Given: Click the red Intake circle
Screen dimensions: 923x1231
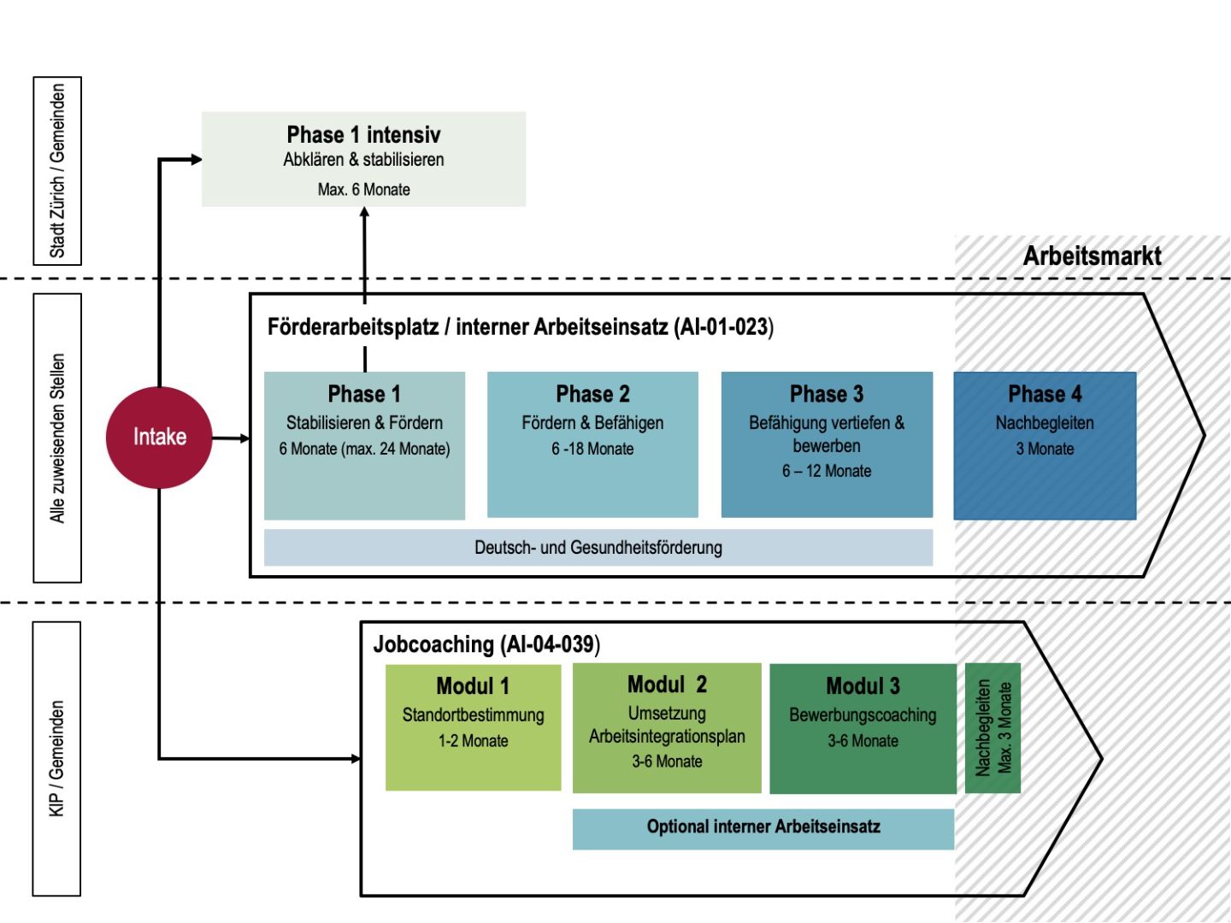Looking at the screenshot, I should tap(159, 437).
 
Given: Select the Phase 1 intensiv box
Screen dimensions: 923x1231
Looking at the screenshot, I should tap(363, 159).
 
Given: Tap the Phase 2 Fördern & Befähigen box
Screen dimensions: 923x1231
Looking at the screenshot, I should tap(592, 444).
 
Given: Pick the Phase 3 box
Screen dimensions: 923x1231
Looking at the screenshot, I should tap(827, 444).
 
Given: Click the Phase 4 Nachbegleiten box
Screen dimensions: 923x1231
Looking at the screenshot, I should tap(1045, 445).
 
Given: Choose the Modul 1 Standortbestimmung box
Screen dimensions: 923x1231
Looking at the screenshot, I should tap(473, 727).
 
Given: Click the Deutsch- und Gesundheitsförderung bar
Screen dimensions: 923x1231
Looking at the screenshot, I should tap(598, 548).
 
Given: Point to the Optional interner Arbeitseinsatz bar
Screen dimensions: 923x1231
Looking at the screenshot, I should tap(763, 827).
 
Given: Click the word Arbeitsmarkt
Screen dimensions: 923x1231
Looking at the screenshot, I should tap(1092, 256).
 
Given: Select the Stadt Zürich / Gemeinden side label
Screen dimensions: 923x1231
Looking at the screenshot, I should tap(57, 170).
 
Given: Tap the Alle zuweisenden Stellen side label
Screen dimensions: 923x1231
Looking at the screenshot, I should tap(57, 438).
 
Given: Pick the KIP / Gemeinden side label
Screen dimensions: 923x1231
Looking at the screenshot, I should tap(57, 758).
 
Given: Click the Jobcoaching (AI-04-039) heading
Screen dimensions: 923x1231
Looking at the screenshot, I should tap(486, 644).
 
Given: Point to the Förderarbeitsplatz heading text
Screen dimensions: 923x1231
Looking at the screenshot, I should tap(520, 326).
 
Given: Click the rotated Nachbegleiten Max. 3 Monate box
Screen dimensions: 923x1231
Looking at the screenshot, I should tap(992, 728).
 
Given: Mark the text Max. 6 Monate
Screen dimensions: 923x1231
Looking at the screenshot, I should tap(363, 190).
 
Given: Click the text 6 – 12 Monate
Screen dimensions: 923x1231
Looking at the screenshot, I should tap(827, 471).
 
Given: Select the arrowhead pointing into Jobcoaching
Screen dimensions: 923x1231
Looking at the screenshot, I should tap(356, 758).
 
